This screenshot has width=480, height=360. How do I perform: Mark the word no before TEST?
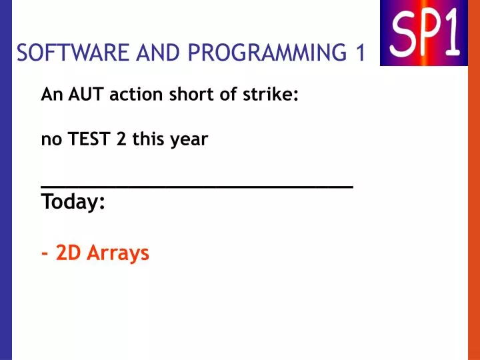[50, 141]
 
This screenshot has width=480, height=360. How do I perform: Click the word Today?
[73, 201]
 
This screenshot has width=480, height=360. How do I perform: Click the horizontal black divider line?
[197, 188]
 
